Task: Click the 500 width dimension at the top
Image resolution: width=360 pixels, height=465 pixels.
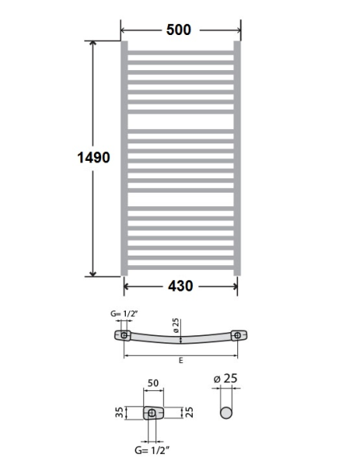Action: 178,29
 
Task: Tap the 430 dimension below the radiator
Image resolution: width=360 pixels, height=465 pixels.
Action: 181,286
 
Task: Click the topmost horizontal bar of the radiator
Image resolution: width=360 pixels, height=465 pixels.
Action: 179,55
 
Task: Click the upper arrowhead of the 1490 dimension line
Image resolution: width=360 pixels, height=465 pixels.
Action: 94,44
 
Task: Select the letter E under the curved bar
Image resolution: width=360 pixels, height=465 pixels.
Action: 182,361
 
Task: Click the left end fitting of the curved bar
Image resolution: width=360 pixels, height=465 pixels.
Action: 125,335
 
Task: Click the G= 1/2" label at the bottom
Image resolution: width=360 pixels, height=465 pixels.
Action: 152,450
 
